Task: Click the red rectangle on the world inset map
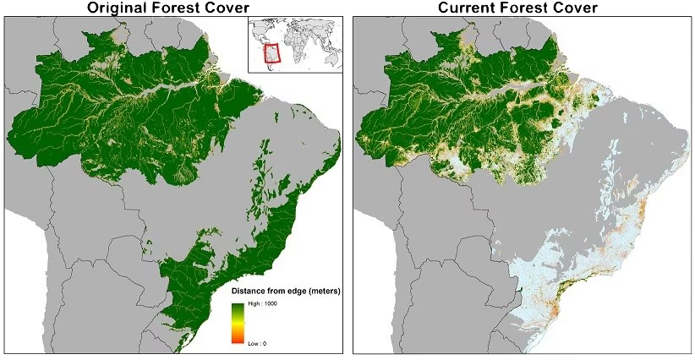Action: pos(271,53)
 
